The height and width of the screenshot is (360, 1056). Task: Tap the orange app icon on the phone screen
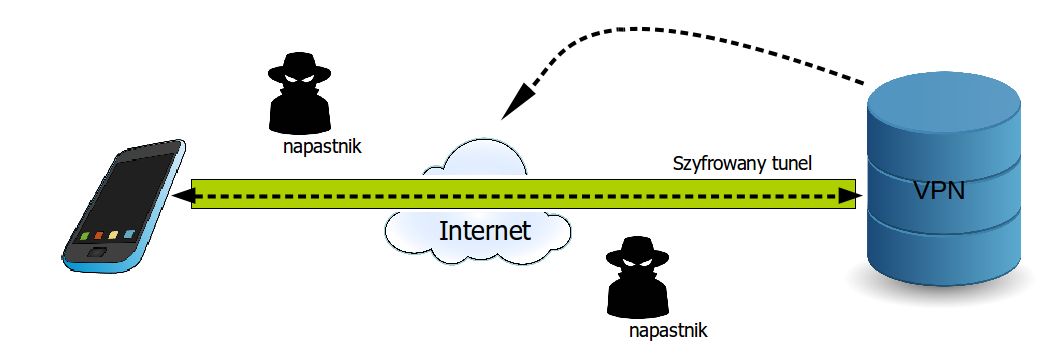pyautogui.click(x=99, y=237)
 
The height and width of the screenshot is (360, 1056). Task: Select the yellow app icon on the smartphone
pyautogui.click(x=113, y=236)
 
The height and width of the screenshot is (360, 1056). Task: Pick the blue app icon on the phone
pyautogui.click(x=128, y=234)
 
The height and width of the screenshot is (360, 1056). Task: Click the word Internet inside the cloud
pyautogui.click(x=485, y=232)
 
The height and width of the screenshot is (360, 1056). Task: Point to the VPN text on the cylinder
pyautogui.click(x=939, y=190)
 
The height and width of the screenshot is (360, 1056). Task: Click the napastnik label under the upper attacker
pyautogui.click(x=322, y=146)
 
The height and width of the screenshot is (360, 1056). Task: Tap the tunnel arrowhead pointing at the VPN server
pyautogui.click(x=847, y=196)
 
